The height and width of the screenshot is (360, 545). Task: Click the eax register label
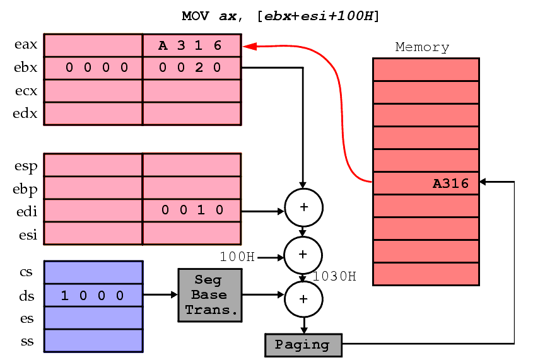point(26,45)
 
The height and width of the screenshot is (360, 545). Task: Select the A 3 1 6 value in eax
point(190,45)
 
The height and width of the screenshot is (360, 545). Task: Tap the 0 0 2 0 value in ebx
point(190,67)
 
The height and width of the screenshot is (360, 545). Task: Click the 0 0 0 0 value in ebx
point(97,67)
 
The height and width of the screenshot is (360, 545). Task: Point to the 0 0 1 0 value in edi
point(192,211)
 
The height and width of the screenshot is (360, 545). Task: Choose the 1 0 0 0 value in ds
point(92,296)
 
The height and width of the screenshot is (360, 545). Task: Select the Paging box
point(303,345)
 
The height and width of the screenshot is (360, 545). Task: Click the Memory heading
point(422,47)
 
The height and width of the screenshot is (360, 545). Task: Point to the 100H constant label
point(237,257)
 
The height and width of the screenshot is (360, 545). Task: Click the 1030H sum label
point(334,276)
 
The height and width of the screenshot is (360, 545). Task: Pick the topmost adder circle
point(303,207)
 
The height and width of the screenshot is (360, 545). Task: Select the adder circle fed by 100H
point(303,254)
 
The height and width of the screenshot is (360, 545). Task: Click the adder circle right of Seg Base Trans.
point(303,298)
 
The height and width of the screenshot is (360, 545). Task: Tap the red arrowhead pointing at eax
point(249,45)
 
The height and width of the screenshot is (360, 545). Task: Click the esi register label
point(26,235)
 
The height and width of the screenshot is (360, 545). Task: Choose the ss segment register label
point(27,342)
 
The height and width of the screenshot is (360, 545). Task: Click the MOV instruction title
point(281,16)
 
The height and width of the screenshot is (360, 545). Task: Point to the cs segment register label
point(27,272)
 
